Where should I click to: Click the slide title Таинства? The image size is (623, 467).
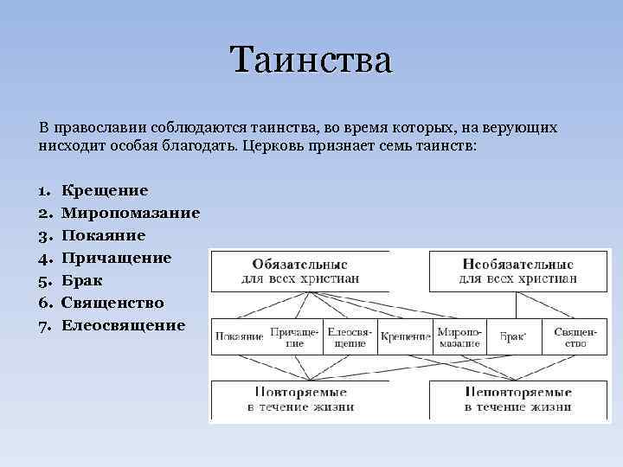point(311,61)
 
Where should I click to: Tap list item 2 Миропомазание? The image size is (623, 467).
point(131,213)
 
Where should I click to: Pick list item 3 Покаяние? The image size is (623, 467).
point(103,235)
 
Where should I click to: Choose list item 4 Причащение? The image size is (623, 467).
point(116,258)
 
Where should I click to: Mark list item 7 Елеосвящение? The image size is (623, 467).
point(123,325)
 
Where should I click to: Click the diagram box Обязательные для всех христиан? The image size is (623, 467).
point(300,271)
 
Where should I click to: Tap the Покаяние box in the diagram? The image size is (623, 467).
point(238,336)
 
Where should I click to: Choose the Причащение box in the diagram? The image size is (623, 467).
point(294,336)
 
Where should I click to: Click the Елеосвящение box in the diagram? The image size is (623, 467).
point(350,336)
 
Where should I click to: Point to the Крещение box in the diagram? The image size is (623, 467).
point(405,336)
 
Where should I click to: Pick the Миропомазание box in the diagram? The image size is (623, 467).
point(459,336)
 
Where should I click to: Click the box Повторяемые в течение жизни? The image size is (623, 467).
point(300,400)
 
